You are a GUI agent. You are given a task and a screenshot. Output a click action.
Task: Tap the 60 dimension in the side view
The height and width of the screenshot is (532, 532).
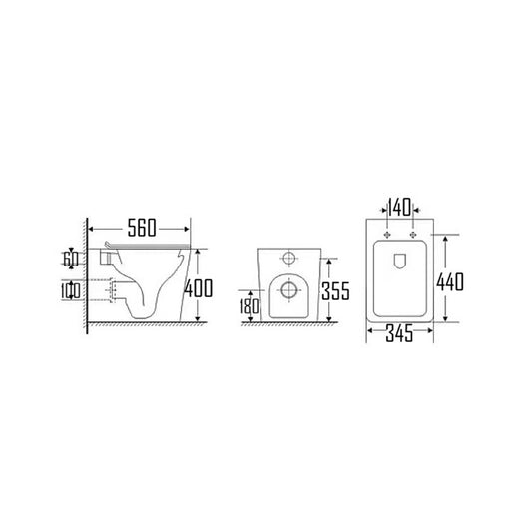[x=69, y=259]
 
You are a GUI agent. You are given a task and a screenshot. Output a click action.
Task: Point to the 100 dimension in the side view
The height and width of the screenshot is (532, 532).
[x=69, y=291]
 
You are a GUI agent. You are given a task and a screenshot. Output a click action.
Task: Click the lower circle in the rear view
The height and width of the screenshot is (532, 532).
[x=288, y=291]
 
